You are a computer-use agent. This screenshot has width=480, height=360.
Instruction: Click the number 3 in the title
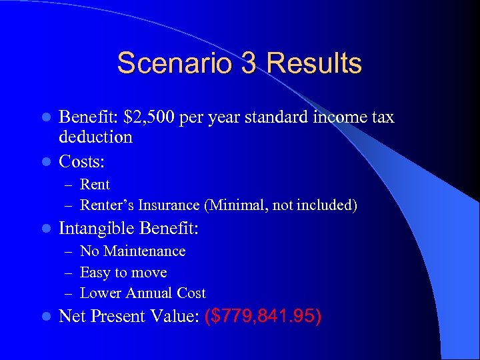243,63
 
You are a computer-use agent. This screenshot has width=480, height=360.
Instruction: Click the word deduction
95,137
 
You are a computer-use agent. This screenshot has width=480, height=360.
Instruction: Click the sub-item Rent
95,184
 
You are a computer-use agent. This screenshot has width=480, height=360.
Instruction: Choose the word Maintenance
144,251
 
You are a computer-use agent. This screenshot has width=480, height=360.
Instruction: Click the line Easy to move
123,273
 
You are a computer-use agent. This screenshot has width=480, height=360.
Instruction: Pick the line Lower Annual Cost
143,293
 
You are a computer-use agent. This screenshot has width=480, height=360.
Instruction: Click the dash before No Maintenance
70,252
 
